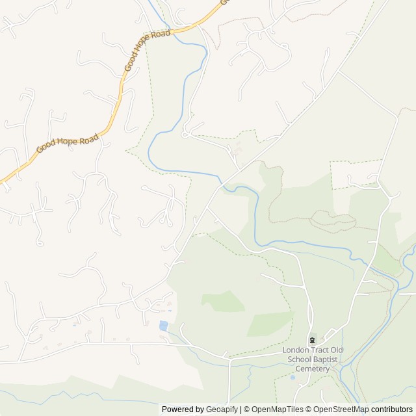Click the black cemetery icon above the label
point(312,340)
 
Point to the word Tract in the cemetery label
point(320,350)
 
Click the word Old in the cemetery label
point(338,350)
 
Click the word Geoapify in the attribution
point(222,409)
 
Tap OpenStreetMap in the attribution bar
point(341,409)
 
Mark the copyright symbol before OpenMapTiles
point(246,409)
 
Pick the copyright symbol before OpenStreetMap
point(309,409)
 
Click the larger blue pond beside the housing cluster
point(163,325)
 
